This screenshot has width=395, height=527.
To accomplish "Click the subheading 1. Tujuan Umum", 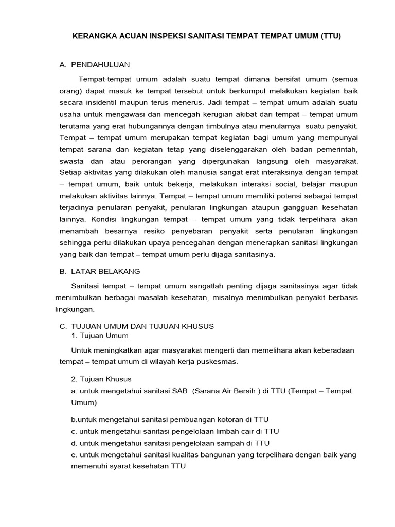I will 100,335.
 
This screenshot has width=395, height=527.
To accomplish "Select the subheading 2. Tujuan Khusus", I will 102,379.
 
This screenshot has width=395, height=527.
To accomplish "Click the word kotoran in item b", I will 219,419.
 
